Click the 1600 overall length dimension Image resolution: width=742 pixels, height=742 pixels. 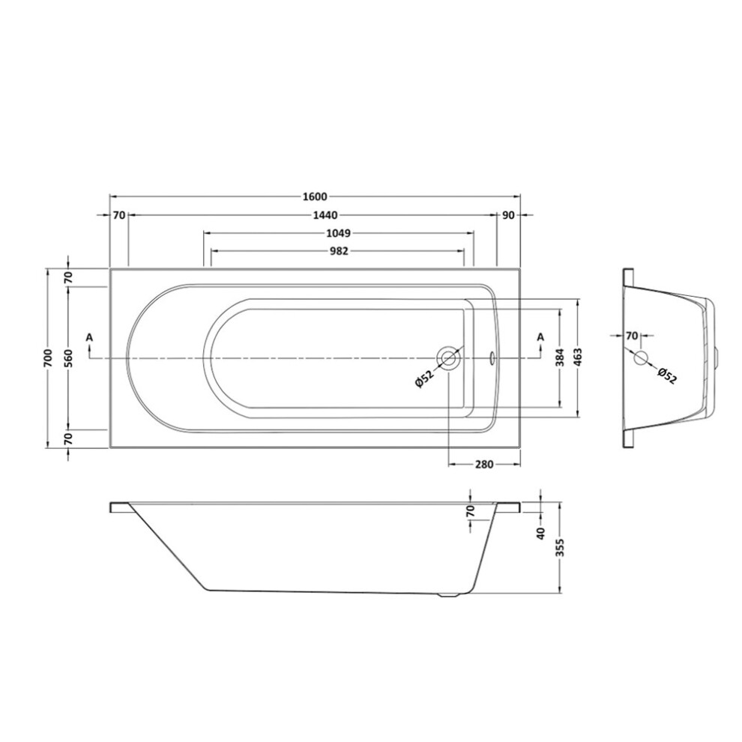coord(315,196)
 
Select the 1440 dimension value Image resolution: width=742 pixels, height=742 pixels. coord(325,215)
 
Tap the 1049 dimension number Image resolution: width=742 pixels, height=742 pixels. coord(338,233)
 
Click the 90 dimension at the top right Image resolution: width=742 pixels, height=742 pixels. coord(508,215)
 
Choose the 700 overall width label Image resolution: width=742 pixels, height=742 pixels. coord(47,358)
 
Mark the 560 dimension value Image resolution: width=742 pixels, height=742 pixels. coord(68,358)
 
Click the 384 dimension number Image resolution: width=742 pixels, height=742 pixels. coord(560,358)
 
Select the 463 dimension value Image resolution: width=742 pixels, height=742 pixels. coord(578,358)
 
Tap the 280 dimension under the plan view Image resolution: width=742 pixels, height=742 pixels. coord(484,465)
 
